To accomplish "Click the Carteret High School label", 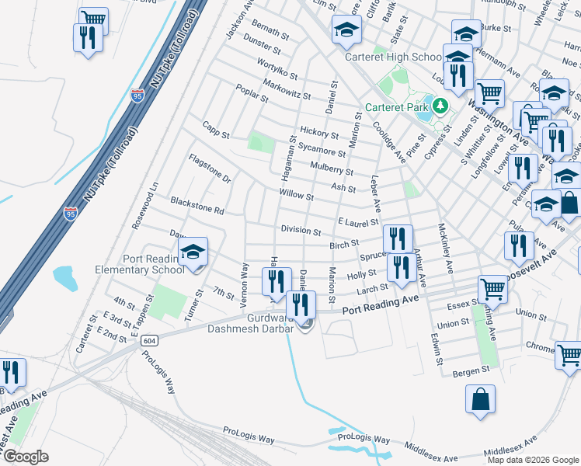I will [x=394, y=57].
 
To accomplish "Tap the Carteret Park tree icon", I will [x=440, y=106].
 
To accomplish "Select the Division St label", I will [x=301, y=231].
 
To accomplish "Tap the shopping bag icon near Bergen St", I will [x=481, y=399].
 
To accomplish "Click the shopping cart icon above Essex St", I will [x=493, y=290].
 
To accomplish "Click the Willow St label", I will [x=297, y=195].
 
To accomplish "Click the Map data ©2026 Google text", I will [x=533, y=460].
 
